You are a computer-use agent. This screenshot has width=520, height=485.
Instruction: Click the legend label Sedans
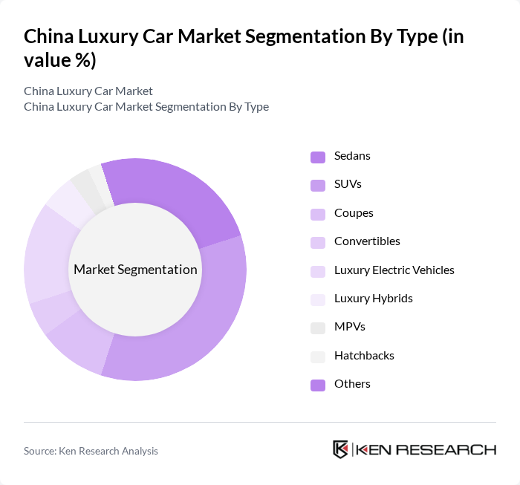pos(352,156)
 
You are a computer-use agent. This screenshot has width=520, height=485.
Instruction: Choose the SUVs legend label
pos(348,184)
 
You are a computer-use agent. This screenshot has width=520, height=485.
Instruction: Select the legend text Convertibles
pos(367,241)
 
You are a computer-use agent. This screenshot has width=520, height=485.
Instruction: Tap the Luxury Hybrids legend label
pos(373,299)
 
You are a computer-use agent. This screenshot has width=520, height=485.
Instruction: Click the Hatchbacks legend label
pos(364,356)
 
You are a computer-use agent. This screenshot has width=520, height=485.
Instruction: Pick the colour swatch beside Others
pos(318,385)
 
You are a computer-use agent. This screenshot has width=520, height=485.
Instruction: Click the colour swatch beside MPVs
pos(318,328)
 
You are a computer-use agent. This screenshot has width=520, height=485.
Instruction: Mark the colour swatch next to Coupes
pos(318,214)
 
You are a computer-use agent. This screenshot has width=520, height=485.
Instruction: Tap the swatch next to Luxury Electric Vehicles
pos(318,271)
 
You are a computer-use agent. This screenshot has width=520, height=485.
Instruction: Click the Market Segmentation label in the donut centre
pos(135,270)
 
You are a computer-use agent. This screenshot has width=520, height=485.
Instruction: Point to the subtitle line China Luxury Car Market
pos(88,91)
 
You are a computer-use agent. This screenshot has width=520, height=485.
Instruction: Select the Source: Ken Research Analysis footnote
pos(91,451)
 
